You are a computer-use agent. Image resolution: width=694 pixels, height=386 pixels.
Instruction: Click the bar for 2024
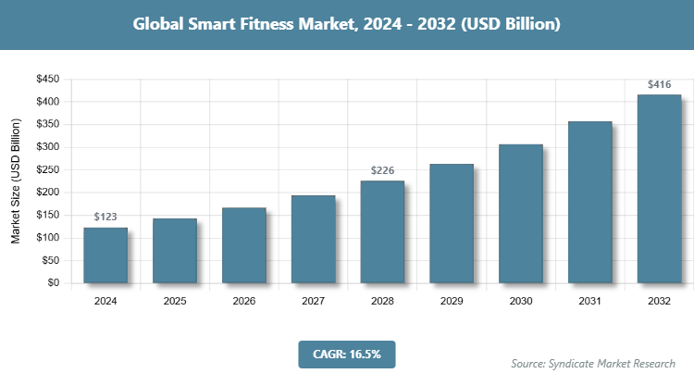click(105, 255)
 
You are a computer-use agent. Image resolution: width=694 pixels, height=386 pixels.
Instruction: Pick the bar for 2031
click(590, 203)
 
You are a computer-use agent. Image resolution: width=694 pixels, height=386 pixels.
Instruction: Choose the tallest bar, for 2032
click(660, 189)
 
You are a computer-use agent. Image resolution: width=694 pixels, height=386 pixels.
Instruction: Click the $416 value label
click(660, 85)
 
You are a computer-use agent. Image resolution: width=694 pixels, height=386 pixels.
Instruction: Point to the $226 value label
click(382, 171)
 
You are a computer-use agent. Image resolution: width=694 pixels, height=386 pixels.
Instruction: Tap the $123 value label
click(105, 218)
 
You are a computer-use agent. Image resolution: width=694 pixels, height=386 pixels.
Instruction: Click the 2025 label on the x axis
click(175, 301)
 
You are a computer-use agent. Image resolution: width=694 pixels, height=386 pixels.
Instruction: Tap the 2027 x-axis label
click(314, 301)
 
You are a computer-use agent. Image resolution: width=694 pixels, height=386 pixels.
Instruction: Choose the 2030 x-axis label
click(521, 301)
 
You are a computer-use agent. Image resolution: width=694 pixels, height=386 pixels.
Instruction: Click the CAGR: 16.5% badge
click(347, 354)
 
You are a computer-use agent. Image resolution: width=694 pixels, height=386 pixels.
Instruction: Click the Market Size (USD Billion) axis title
click(16, 181)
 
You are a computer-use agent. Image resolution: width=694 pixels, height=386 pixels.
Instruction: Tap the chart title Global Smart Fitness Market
click(347, 25)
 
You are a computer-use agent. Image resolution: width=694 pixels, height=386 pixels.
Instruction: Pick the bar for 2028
click(382, 232)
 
